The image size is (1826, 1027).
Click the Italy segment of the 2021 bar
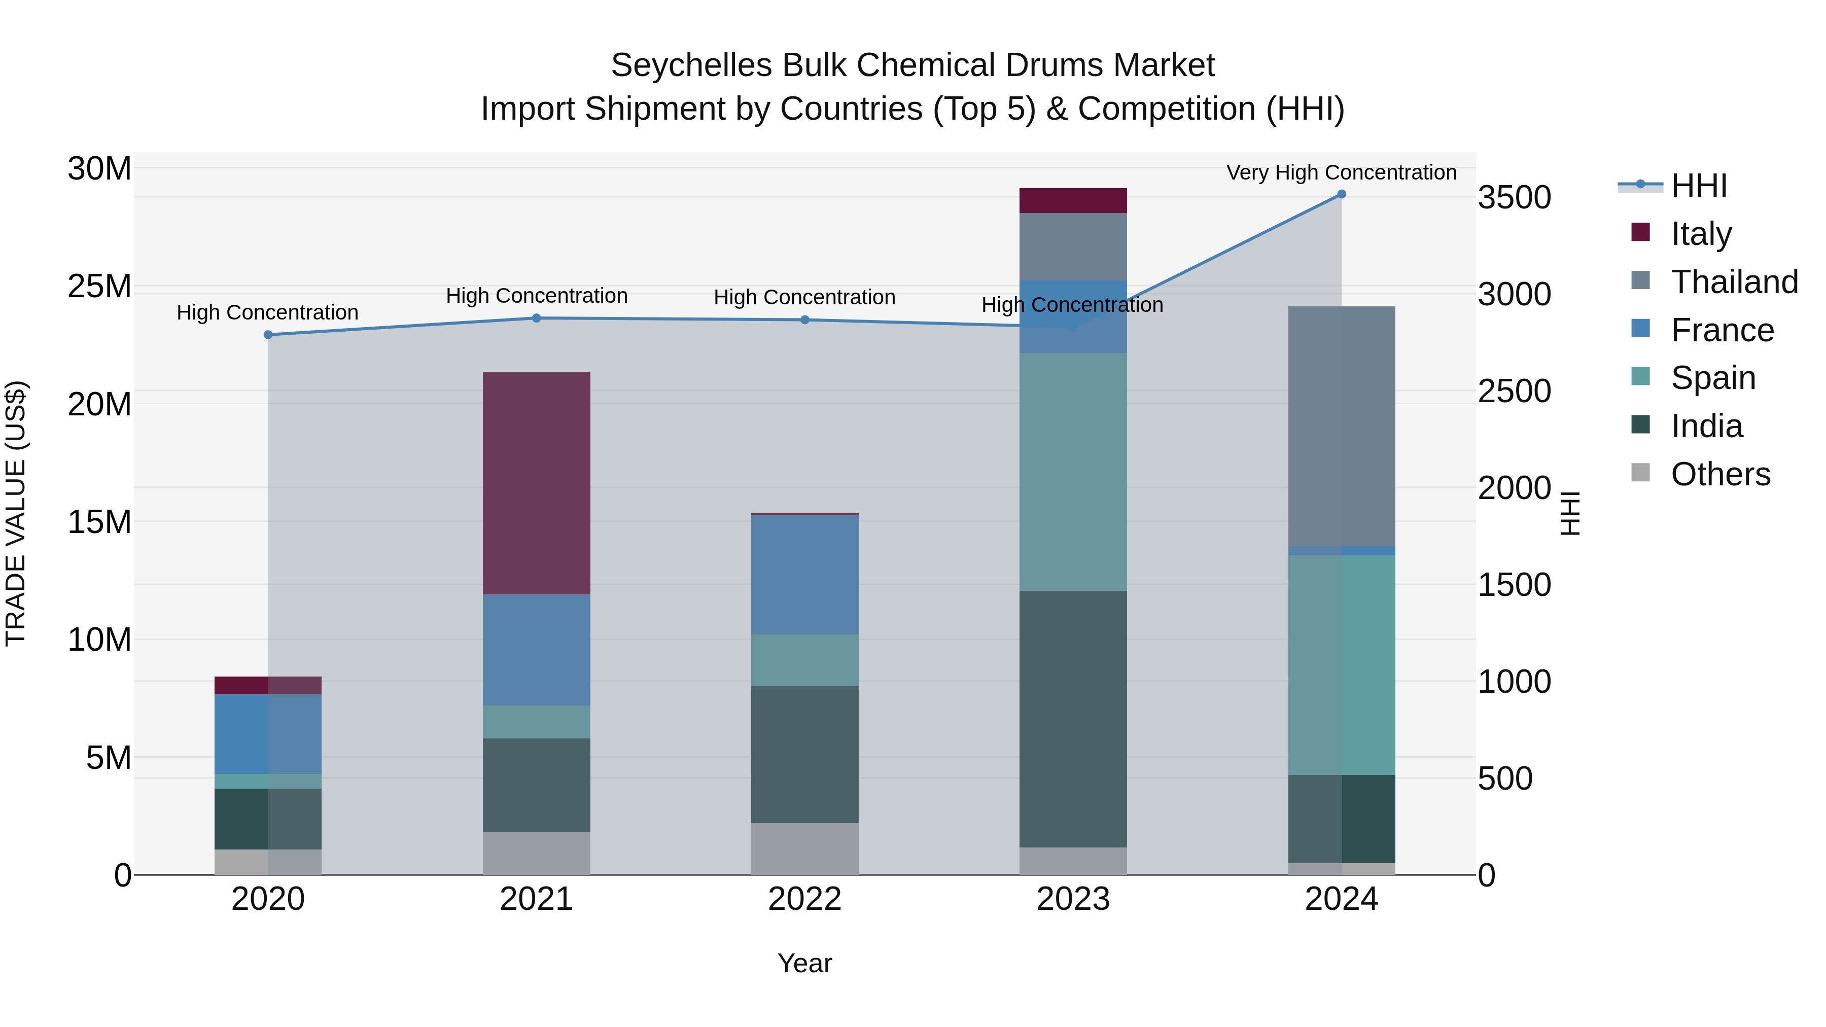tap(537, 483)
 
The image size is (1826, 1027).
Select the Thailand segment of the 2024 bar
tap(1341, 426)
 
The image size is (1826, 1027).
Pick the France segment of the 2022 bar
tap(804, 574)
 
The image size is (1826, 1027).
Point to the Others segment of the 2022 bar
tap(804, 848)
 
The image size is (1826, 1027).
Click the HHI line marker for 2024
tap(1341, 194)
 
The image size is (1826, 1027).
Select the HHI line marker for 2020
tap(268, 335)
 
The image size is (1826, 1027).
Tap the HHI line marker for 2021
tap(537, 318)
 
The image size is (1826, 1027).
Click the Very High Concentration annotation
tap(1341, 172)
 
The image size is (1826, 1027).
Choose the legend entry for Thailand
tap(1734, 281)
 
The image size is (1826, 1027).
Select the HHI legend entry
tap(1698, 186)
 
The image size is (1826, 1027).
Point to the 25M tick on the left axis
tap(99, 287)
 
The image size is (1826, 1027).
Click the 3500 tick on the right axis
tap(1514, 197)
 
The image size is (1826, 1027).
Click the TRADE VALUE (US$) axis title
tap(16, 513)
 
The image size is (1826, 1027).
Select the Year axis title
tap(804, 963)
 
